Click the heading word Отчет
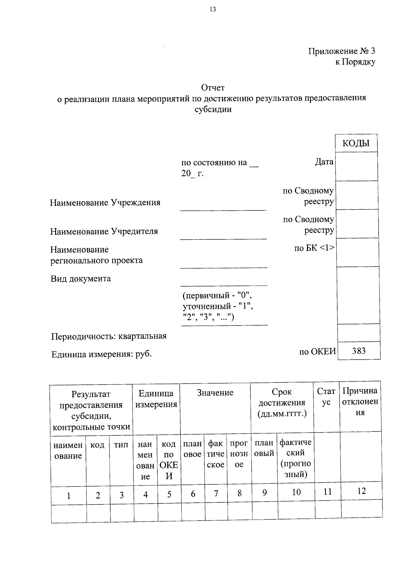(x=213, y=88)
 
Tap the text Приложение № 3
(x=341, y=51)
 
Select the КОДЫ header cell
(x=356, y=143)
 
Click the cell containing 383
(x=359, y=351)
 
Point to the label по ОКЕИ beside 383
(x=317, y=352)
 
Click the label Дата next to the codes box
(x=324, y=162)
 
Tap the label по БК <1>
(x=314, y=248)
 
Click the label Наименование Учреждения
(x=105, y=203)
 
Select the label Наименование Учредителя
(x=104, y=231)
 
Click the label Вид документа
(x=81, y=279)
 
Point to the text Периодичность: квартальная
(x=109, y=336)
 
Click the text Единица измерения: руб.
(x=101, y=354)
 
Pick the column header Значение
(x=215, y=393)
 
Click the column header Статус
(x=326, y=397)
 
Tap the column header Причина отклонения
(x=360, y=401)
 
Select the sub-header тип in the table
(x=121, y=445)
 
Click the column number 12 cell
(x=361, y=491)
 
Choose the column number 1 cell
(x=69, y=496)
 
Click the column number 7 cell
(x=216, y=494)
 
